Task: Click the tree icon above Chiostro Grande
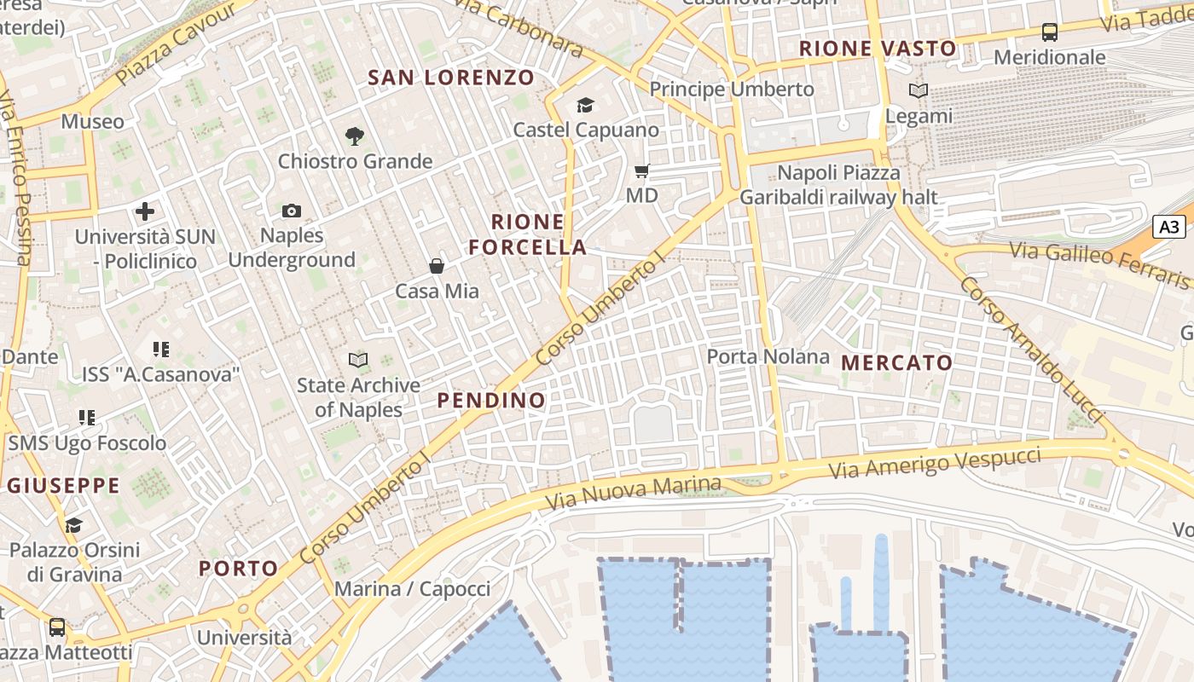pyautogui.click(x=355, y=136)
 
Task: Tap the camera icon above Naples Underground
pyautogui.click(x=292, y=211)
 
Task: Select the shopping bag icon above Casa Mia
pyautogui.click(x=437, y=267)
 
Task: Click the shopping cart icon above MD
pyautogui.click(x=642, y=171)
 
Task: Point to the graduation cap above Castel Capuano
pyautogui.click(x=585, y=105)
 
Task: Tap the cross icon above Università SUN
pyautogui.click(x=145, y=211)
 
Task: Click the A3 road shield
pyautogui.click(x=1170, y=227)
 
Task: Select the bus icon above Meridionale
pyautogui.click(x=1050, y=32)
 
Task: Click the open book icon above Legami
pyautogui.click(x=919, y=90)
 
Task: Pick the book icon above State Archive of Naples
pyautogui.click(x=358, y=361)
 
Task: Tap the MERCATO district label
pyautogui.click(x=896, y=362)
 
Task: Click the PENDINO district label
pyautogui.click(x=490, y=400)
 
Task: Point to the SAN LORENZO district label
pyautogui.click(x=450, y=78)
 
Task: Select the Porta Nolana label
pyautogui.click(x=768, y=356)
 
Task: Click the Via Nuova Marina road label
pyautogui.click(x=633, y=493)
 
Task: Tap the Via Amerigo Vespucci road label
pyautogui.click(x=935, y=463)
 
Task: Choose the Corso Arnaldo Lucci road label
pyautogui.click(x=1031, y=349)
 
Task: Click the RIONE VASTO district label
pyautogui.click(x=877, y=49)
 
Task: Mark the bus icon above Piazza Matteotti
pyautogui.click(x=57, y=627)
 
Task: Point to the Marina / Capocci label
pyautogui.click(x=412, y=589)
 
